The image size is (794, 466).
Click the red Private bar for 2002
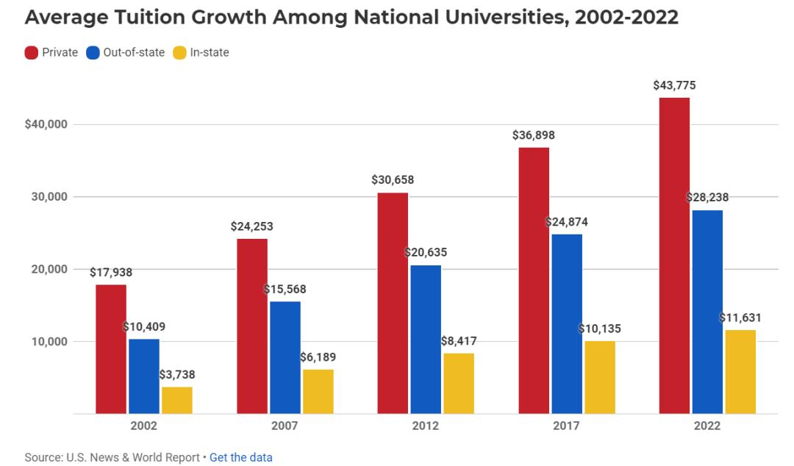[x=111, y=349]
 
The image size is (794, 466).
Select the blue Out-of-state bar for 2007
[x=285, y=357]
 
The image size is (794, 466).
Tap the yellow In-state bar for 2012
[x=459, y=383]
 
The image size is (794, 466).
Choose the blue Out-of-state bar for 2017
[x=567, y=323]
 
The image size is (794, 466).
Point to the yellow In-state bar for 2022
[x=740, y=372]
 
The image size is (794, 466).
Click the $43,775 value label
[x=674, y=85]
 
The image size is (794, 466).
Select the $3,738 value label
[x=177, y=375]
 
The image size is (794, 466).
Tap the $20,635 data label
[x=426, y=253]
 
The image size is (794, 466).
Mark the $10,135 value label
[x=599, y=329]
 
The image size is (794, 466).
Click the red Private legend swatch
[x=32, y=52]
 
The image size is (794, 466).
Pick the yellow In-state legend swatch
[x=179, y=52]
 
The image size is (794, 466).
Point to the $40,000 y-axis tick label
[x=46, y=124]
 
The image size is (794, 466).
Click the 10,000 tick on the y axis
[x=48, y=342]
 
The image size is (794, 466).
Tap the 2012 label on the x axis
[x=425, y=426]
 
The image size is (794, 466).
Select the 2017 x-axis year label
[x=566, y=426]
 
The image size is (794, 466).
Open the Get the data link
[x=241, y=457]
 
